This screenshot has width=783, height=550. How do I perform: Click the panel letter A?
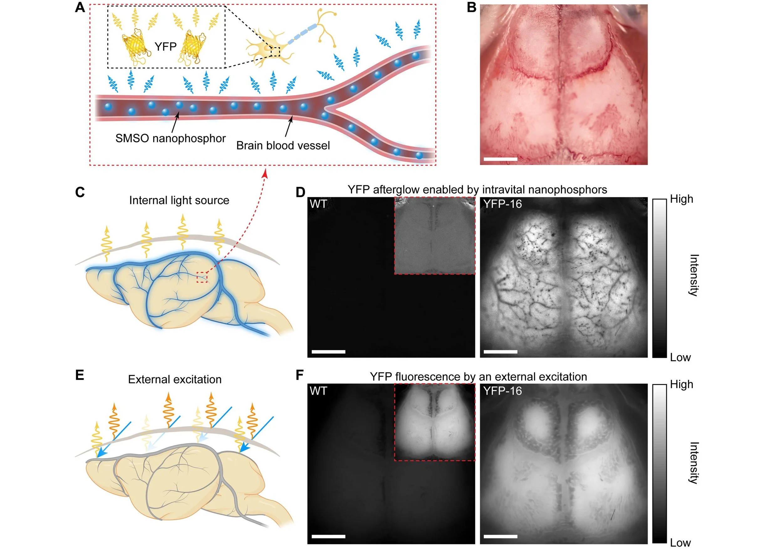[80, 8]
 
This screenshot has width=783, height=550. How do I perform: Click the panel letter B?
[471, 7]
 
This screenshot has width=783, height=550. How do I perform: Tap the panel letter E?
[80, 375]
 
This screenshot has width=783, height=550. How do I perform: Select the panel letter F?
[299, 375]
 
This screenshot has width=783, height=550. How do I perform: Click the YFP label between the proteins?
[165, 46]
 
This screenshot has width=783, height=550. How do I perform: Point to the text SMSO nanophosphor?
[170, 138]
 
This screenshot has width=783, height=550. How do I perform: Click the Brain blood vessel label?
[283, 146]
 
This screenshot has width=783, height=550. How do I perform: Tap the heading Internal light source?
[179, 200]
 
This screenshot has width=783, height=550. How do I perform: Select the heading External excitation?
[174, 379]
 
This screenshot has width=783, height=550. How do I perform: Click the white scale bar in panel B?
[500, 159]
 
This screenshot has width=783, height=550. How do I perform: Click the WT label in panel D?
[318, 204]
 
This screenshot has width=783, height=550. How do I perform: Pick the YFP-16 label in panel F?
[502, 391]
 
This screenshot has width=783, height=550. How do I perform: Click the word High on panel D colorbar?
[682, 199]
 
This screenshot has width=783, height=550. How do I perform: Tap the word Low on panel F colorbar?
[680, 543]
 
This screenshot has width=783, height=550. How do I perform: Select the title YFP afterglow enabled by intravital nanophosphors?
[477, 189]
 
